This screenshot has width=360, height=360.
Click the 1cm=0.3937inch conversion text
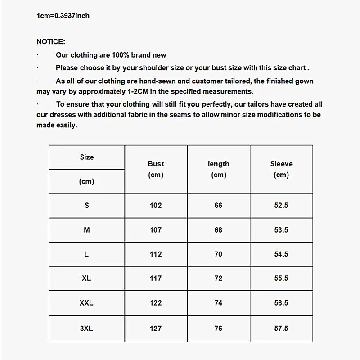tap(63, 16)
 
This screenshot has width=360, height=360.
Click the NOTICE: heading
tap(51, 42)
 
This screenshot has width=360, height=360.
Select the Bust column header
tap(156, 164)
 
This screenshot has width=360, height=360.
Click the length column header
tap(218, 164)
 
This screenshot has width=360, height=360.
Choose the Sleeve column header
tap(281, 164)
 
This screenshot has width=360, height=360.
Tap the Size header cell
tap(87, 157)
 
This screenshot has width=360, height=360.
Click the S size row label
tap(87, 206)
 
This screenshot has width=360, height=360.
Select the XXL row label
tap(86, 303)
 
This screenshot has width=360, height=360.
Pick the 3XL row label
tap(86, 328)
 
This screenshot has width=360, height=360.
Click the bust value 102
tap(156, 206)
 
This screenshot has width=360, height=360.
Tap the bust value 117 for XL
tap(156, 279)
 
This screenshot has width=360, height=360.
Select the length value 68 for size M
tap(218, 230)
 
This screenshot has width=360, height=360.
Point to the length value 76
tap(218, 328)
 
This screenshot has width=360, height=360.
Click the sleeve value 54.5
tap(281, 254)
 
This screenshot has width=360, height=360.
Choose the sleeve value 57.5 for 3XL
tap(281, 328)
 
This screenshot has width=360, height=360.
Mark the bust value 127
tap(156, 328)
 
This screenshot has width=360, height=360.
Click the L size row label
tap(86, 254)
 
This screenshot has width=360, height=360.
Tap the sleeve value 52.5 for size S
tap(281, 206)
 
